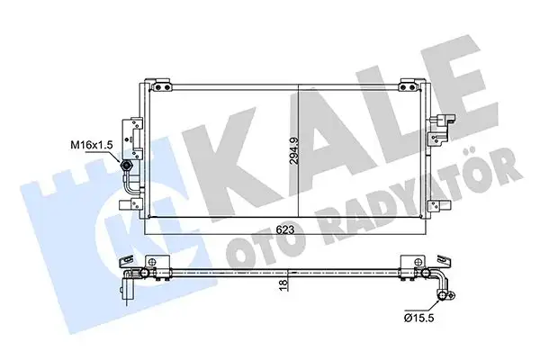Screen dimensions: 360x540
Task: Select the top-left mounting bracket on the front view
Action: (162, 86)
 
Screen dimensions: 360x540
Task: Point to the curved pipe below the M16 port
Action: (135, 188)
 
